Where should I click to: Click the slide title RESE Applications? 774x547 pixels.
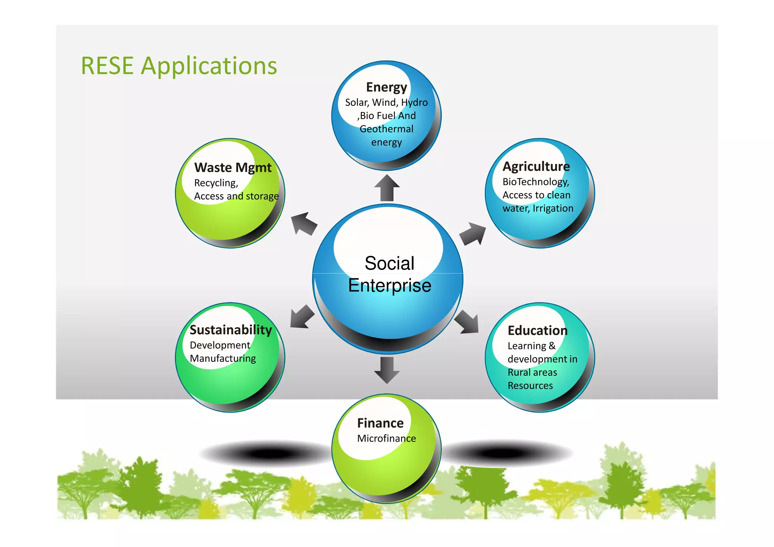[x=179, y=66]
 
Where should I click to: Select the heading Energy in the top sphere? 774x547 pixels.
[x=386, y=87]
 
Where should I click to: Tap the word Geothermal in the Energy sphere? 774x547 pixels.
[x=386, y=129]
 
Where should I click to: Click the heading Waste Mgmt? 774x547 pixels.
[x=233, y=167]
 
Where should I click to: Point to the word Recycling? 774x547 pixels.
[x=216, y=183]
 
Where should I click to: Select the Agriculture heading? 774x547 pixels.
[x=536, y=166]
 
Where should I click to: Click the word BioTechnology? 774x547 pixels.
[x=536, y=182]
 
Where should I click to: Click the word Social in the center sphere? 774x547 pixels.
[x=389, y=263]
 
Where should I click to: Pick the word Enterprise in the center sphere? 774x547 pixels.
[x=389, y=285]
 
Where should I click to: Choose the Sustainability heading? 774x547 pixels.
[x=231, y=330]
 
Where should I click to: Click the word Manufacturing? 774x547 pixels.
[x=223, y=358]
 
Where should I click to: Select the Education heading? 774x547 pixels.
[x=537, y=330]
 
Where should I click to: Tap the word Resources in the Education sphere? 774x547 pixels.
[x=530, y=386]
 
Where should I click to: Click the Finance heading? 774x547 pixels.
[x=380, y=423]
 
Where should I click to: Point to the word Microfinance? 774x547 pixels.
[x=386, y=439]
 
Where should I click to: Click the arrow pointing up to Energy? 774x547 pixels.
[x=387, y=188]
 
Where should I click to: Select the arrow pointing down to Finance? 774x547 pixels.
[x=387, y=370]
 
